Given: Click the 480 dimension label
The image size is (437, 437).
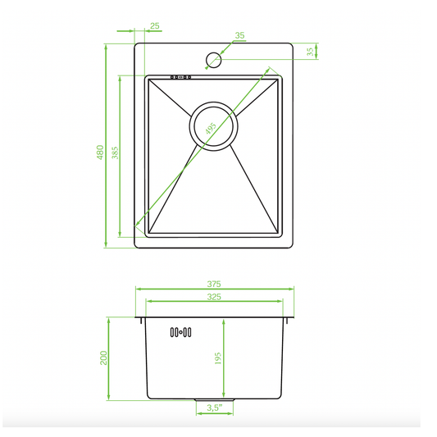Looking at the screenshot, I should pos(100,152).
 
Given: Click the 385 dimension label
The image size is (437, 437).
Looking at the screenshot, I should pos(115,152).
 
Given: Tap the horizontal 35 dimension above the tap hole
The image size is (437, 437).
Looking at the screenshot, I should pos(240,35).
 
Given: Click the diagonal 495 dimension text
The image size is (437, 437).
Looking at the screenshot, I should pos(210,130).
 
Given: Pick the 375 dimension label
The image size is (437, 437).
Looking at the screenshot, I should pos(215,284).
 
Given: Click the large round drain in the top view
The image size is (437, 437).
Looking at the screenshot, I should pos(215,125).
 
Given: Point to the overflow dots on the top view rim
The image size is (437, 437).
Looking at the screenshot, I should pos(180,78).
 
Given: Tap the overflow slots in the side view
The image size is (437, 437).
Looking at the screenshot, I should pos(180,332).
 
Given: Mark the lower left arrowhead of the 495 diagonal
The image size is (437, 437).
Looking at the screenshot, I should pos(137,224).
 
